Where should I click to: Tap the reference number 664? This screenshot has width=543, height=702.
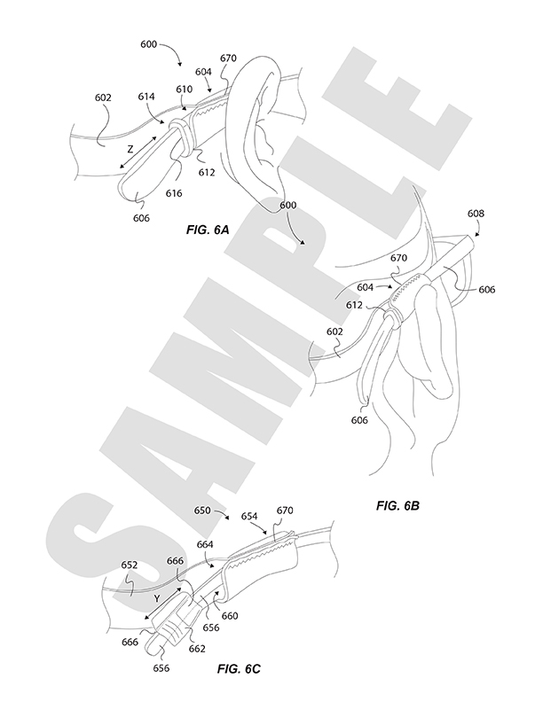(x=204, y=544)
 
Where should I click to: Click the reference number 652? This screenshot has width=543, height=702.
(x=130, y=564)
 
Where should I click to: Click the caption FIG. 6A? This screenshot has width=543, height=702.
(x=209, y=229)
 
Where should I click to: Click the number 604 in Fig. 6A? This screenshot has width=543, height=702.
(x=203, y=72)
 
